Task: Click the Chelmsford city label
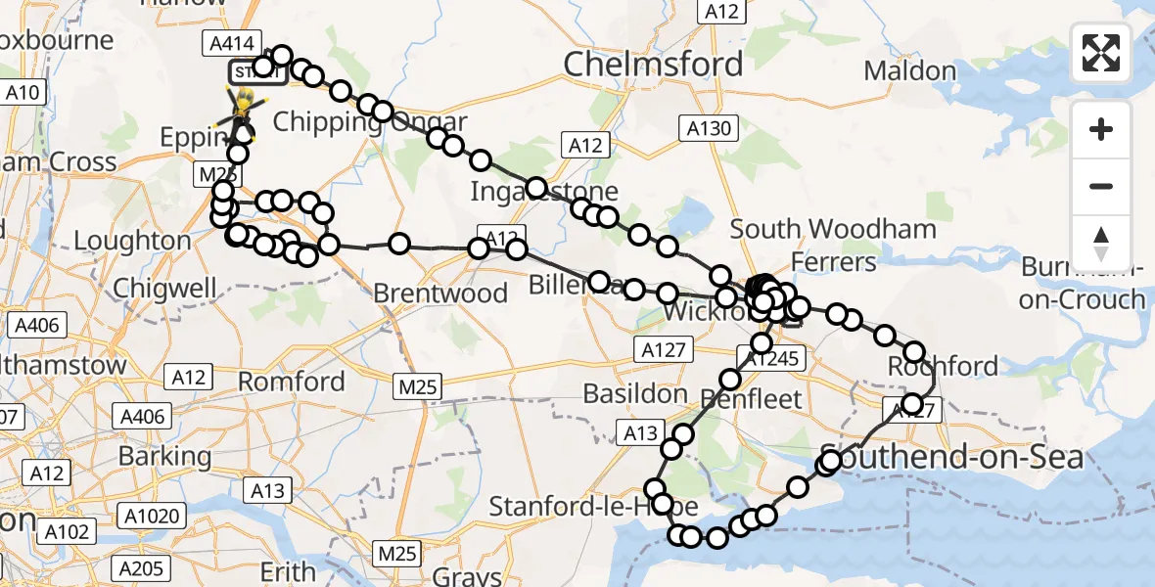(653, 65)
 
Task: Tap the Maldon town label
(910, 71)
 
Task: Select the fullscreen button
(1101, 53)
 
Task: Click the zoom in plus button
(1101, 129)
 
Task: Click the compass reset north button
(1101, 243)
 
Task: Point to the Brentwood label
(440, 293)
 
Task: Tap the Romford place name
(292, 381)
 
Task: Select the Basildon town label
(635, 393)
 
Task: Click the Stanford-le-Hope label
(593, 507)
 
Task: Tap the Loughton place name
(132, 241)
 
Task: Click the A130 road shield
(707, 127)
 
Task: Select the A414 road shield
(231, 44)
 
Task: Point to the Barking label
(164, 456)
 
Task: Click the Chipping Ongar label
(370, 122)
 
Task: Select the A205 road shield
(140, 568)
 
